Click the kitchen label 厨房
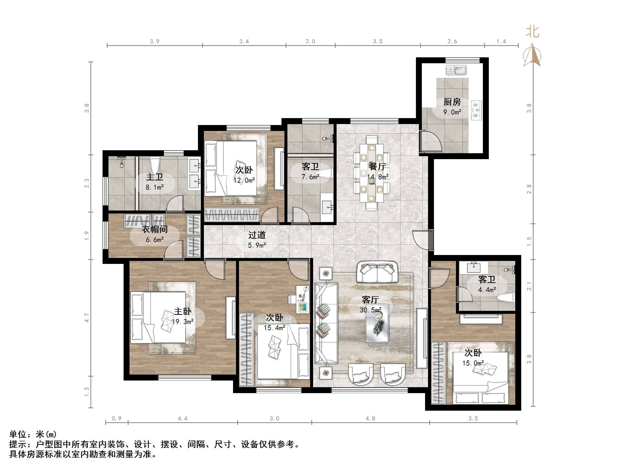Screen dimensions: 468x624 point(452,102)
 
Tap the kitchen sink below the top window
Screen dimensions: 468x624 point(456,70)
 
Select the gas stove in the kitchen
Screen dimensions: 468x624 point(476,110)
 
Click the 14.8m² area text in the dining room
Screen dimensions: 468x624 point(378,177)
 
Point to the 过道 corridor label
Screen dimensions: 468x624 point(257,235)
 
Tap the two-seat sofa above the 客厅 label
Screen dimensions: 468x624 point(377,272)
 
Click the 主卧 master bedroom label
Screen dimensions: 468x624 point(183,311)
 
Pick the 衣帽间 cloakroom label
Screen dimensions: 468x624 point(155,229)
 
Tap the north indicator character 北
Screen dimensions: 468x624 point(532,32)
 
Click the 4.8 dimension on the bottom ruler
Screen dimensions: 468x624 point(370,419)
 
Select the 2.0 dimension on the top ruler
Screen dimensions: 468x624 point(310,42)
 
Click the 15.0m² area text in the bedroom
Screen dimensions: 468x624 point(473,363)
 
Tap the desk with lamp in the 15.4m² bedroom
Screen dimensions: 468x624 point(302,299)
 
